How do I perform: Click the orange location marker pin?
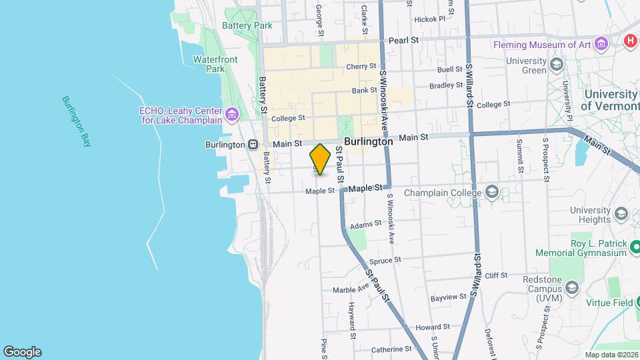(x=321, y=159)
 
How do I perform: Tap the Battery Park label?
(x=247, y=25)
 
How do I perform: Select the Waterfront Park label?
(x=215, y=64)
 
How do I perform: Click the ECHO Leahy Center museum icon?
(x=232, y=115)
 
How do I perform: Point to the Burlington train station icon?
(x=253, y=144)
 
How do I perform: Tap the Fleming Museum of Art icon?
(x=602, y=45)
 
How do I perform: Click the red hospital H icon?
(x=630, y=41)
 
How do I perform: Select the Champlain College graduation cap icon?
(x=492, y=193)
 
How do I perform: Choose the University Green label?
(x=526, y=65)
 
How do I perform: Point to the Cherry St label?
(x=362, y=67)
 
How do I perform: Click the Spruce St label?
(x=389, y=260)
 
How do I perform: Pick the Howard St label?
(x=433, y=327)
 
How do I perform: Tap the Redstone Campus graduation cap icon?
(x=571, y=287)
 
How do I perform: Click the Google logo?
(x=22, y=352)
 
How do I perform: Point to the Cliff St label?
(x=496, y=275)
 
